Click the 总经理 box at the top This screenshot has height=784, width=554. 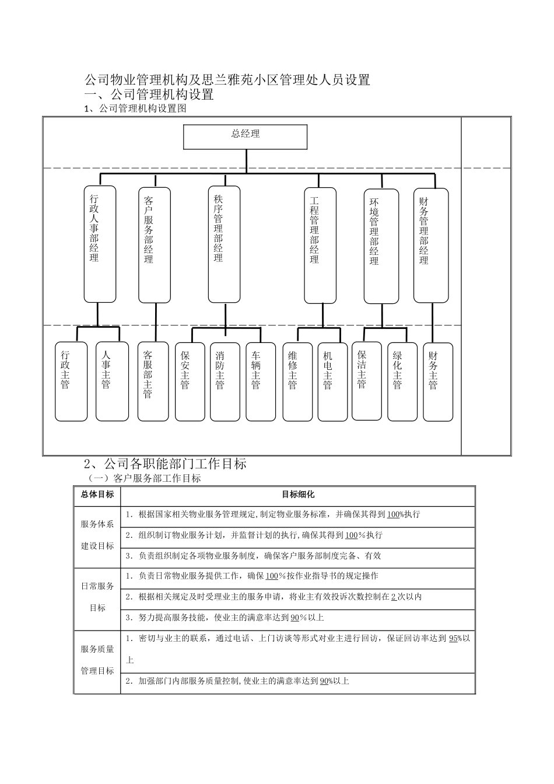(246, 136)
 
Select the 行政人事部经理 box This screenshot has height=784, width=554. (100, 244)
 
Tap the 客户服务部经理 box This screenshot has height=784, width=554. (154, 245)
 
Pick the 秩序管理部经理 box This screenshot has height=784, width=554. (224, 244)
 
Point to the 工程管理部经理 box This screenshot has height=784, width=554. (320, 245)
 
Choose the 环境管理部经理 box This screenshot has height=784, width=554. (381, 246)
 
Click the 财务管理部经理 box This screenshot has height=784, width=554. (430, 245)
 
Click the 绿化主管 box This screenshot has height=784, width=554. (402, 381)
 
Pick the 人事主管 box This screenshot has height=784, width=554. (111, 381)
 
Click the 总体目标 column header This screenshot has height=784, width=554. (97, 495)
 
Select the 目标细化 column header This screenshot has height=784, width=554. (298, 495)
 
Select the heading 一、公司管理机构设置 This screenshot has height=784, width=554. (149, 94)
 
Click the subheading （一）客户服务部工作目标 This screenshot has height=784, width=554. (143, 478)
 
